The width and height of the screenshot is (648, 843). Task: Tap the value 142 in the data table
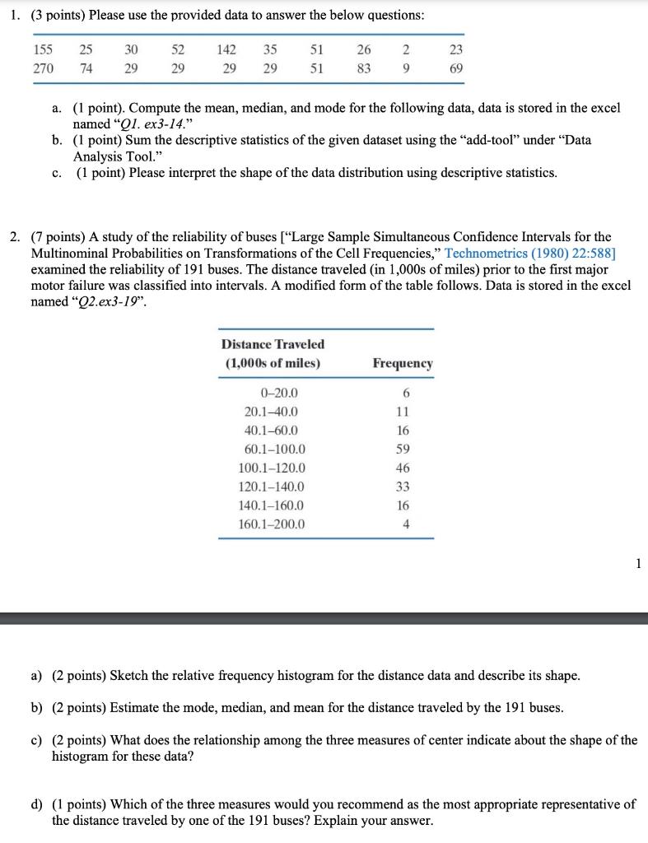(226, 49)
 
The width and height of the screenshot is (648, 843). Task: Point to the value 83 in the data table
(363, 69)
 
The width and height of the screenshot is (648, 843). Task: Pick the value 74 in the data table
(86, 69)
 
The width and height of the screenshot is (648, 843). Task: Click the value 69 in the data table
(456, 69)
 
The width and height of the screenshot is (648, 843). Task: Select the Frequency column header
(403, 363)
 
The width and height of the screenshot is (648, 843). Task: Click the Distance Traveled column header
(273, 344)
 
